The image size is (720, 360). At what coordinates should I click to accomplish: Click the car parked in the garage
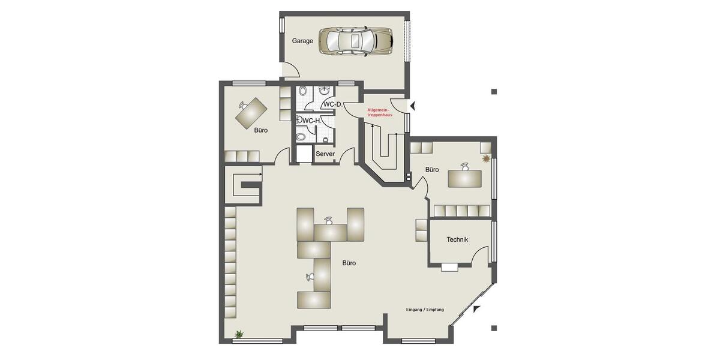click(x=356, y=41)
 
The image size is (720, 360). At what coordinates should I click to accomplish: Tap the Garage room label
click(x=303, y=41)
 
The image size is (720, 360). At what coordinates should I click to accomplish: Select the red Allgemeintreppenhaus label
click(x=380, y=112)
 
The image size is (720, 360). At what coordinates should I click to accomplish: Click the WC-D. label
click(x=332, y=104)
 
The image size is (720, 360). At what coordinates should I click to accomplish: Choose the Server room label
click(x=325, y=154)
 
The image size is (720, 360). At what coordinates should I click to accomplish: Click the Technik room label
click(x=457, y=239)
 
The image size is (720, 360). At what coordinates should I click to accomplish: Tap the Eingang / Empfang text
click(x=425, y=310)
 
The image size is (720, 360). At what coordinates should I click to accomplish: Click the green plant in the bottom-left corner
click(x=240, y=334)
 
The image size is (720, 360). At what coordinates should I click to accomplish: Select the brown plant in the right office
click(x=487, y=158)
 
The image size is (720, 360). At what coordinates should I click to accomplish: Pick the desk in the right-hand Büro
click(x=464, y=178)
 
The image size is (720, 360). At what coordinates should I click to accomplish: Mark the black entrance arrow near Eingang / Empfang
click(x=477, y=309)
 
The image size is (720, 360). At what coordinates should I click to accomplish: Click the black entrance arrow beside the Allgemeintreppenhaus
click(x=412, y=106)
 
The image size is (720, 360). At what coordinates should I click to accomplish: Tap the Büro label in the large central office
click(x=349, y=263)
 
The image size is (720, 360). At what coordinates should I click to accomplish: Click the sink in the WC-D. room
click(x=325, y=91)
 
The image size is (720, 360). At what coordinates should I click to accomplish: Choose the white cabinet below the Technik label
click(x=449, y=266)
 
